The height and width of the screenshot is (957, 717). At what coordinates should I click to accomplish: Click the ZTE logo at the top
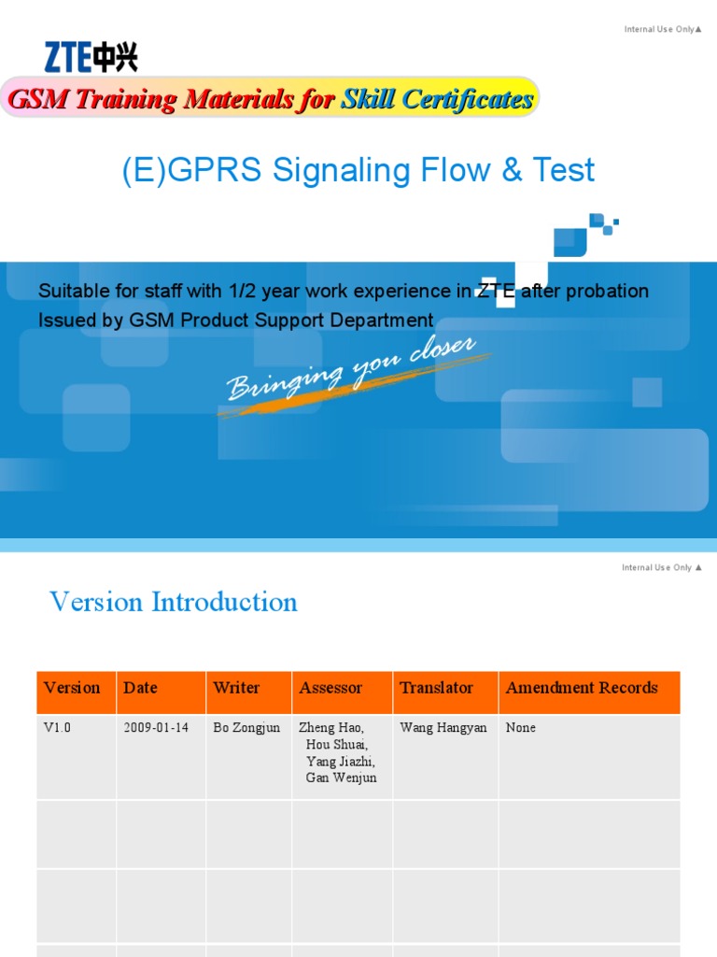pos(91,57)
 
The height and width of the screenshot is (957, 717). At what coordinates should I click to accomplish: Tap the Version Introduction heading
pos(174,602)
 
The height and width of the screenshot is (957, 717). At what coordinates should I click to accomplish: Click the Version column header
pos(72,688)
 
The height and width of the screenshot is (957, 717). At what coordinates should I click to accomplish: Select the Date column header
pos(140,688)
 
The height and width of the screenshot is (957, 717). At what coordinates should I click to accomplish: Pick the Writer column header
pos(236,688)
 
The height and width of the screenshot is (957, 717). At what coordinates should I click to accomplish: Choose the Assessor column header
pos(330,688)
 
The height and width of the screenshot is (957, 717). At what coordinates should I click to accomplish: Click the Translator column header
pos(436,688)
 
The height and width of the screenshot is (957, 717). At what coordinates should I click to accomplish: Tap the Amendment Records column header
pos(582,688)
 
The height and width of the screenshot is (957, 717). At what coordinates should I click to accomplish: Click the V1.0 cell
pos(57,728)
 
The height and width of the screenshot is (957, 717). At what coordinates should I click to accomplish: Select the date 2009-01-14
pos(156,728)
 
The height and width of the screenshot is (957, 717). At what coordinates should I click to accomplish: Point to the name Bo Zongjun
pos(246,728)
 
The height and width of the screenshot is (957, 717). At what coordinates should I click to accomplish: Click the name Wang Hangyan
pos(443,728)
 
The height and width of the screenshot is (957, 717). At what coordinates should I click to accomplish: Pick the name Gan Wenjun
pos(342,778)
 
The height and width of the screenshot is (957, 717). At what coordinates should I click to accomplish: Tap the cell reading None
pos(521,728)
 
